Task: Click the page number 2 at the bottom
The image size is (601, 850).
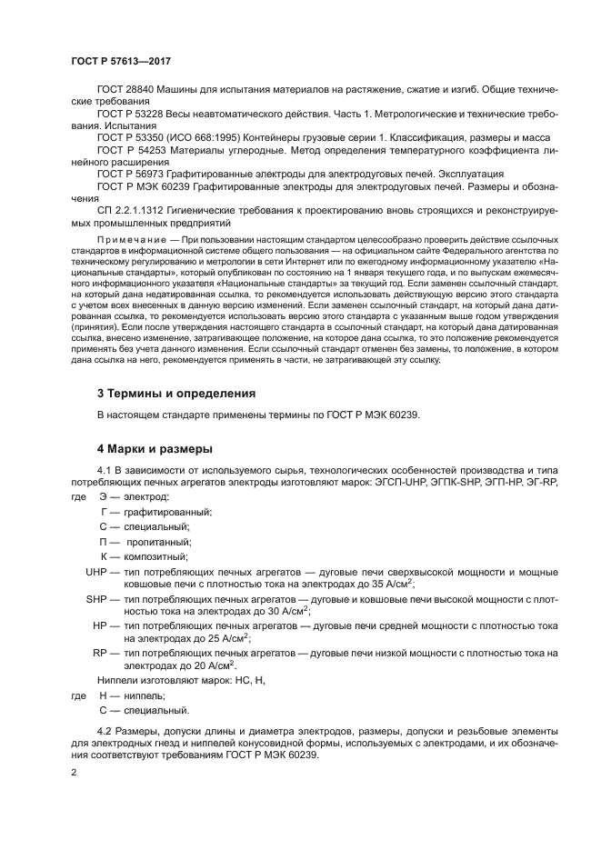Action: coord(74,772)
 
